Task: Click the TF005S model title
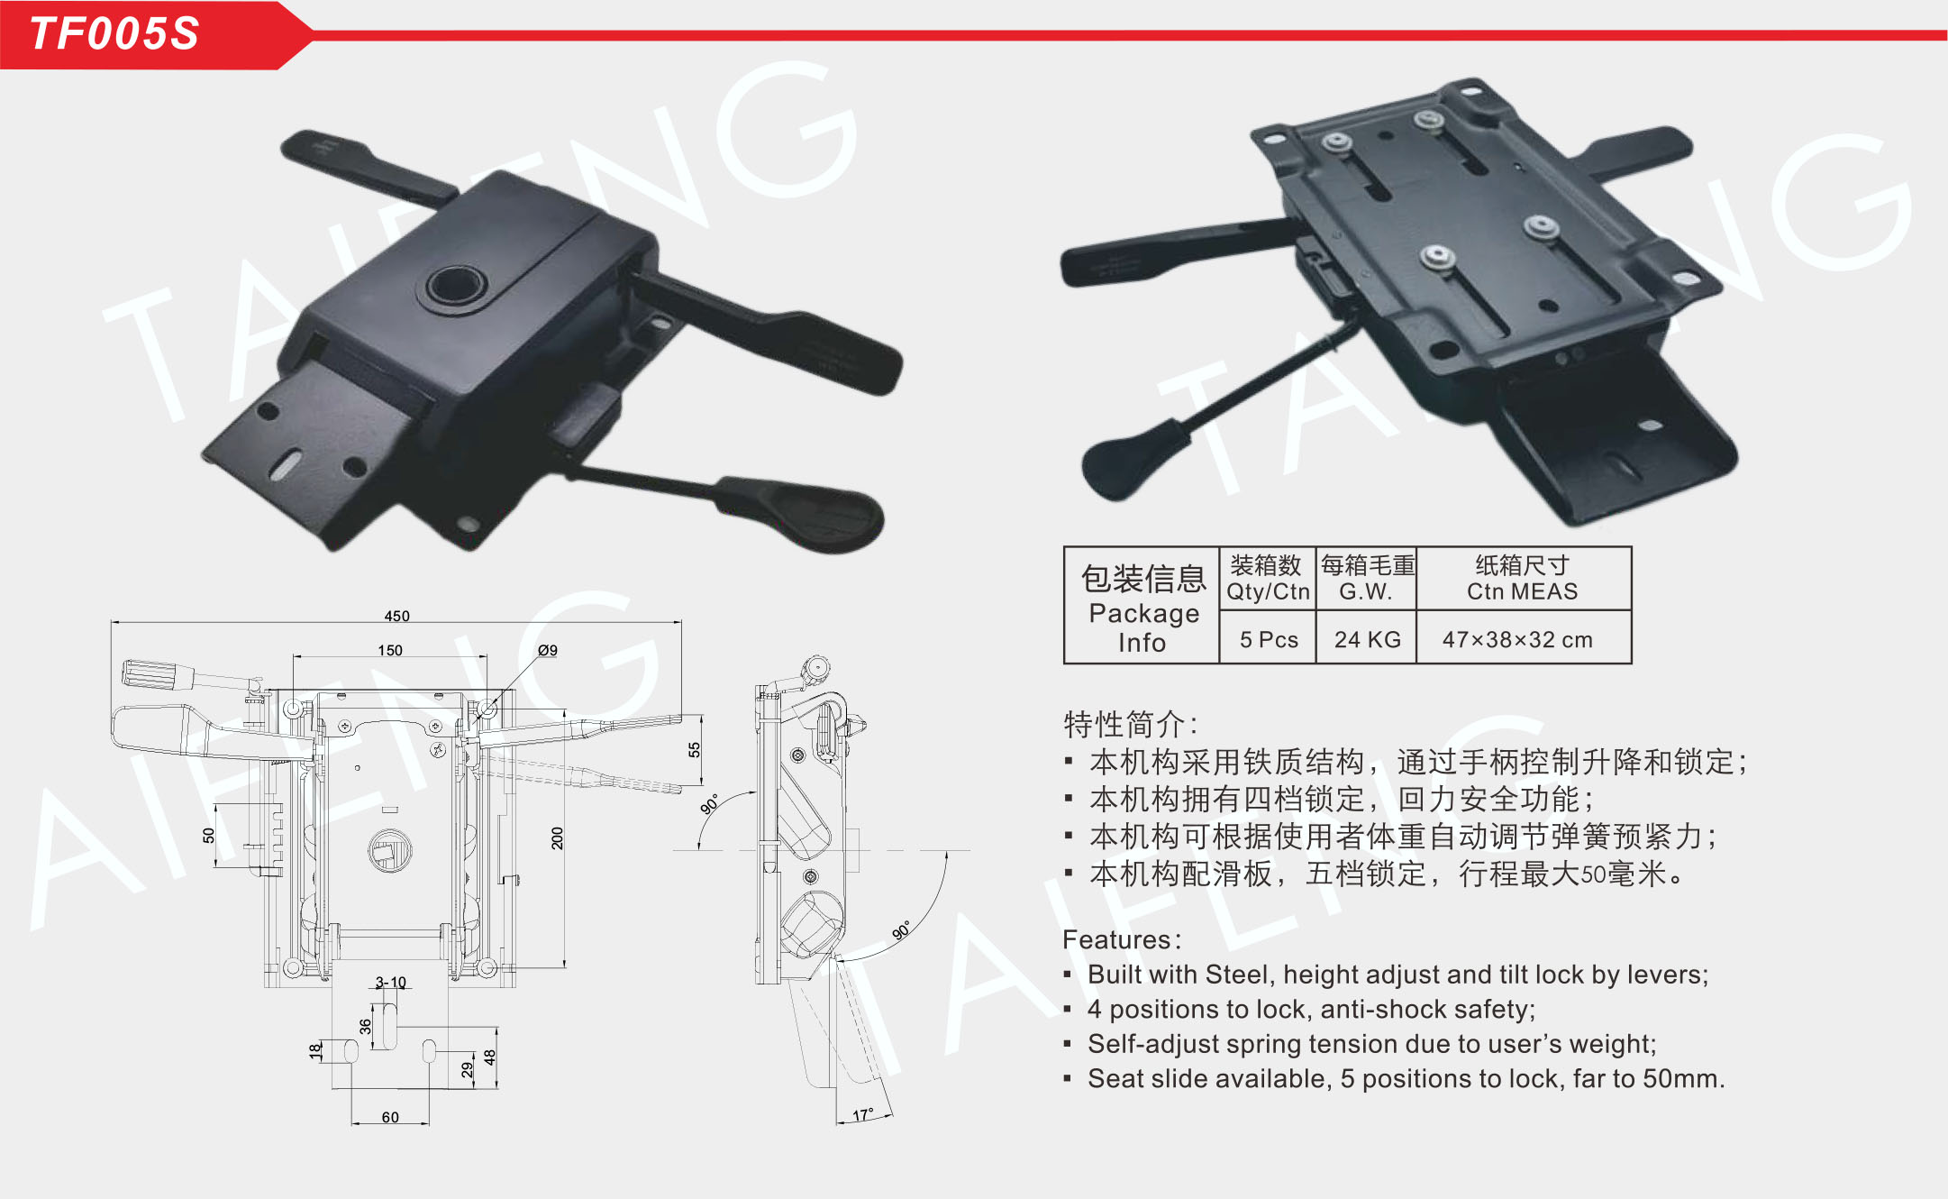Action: [x=114, y=33]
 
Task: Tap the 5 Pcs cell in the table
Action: [x=1269, y=639]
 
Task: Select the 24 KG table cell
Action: [x=1367, y=639]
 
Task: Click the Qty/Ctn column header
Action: [x=1268, y=591]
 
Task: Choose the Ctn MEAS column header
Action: [x=1522, y=591]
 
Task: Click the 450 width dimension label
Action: [x=396, y=616]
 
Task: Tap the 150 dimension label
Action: [x=390, y=650]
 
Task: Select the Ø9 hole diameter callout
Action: [x=548, y=650]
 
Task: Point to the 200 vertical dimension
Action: [x=558, y=838]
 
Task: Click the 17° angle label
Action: [x=862, y=1115]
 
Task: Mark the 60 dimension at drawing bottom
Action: [x=390, y=1117]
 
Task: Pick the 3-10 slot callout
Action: [x=391, y=982]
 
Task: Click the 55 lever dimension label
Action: [x=694, y=750]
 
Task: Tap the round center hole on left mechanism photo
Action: [x=457, y=287]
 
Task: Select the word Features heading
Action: [x=1116, y=939]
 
